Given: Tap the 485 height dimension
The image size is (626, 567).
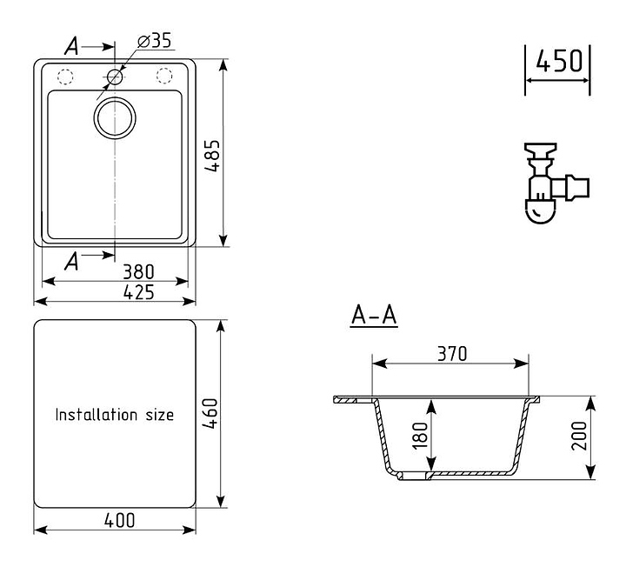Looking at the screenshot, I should (x=212, y=156).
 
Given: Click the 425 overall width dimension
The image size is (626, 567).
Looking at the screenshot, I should (x=139, y=292).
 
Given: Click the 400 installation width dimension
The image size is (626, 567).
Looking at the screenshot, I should (x=119, y=520).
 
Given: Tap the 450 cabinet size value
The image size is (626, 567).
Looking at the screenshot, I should (x=557, y=62).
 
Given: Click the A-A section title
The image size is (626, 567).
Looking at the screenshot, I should (x=374, y=317).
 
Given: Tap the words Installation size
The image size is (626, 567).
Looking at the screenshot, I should (x=115, y=415).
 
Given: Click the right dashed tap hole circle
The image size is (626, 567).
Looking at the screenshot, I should (x=164, y=76).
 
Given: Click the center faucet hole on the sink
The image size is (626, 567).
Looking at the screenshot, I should (x=115, y=77).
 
